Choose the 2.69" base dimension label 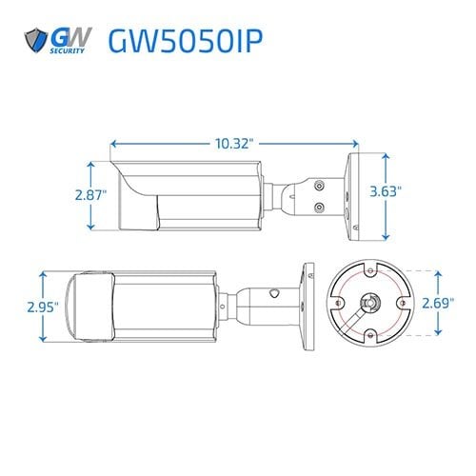point(437,305)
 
